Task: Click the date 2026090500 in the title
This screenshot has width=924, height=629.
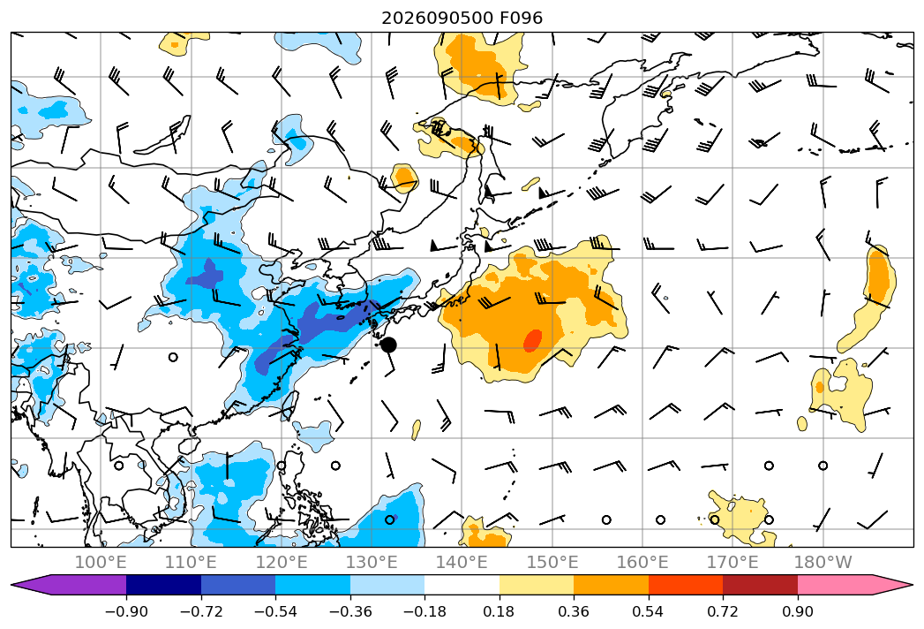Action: coord(437,18)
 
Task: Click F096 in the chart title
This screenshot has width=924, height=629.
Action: coord(522,18)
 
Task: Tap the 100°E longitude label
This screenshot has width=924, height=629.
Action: coord(101,562)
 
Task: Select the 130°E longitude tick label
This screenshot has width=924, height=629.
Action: coord(372,562)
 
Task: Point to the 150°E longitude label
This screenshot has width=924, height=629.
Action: coord(552,562)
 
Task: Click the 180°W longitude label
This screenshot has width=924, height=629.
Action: coord(823,562)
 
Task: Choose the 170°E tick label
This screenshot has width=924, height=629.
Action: coord(732,562)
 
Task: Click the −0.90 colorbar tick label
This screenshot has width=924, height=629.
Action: coord(126,611)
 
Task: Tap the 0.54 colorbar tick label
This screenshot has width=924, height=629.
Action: coord(649,611)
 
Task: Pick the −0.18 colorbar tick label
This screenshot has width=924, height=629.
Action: coord(424,611)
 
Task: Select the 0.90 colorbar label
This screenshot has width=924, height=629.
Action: coord(797,611)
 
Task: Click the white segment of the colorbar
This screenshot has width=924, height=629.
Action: coord(462,584)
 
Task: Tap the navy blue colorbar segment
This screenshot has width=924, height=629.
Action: coord(164,584)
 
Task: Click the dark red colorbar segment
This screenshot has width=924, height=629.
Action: coord(760,584)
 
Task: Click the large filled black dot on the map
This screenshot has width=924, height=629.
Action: coord(388,345)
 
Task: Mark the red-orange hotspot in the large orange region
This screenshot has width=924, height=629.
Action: coord(533,340)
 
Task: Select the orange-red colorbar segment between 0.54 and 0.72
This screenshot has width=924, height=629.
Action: coord(686,584)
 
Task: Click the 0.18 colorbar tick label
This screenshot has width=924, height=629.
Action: coord(500,611)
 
